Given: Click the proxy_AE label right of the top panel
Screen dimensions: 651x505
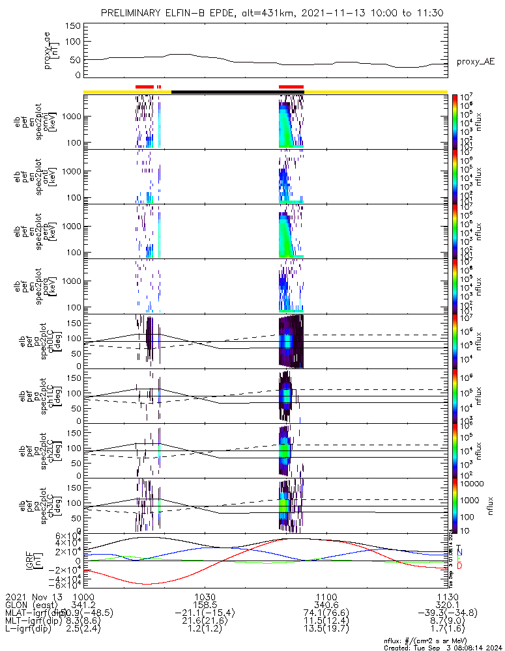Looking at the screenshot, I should (476, 62).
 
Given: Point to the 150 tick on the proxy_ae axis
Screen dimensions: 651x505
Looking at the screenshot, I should (73, 26).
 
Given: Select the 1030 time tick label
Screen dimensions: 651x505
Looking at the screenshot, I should (205, 596).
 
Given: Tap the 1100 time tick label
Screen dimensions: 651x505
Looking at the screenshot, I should (326, 596).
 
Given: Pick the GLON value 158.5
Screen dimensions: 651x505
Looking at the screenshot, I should (205, 605).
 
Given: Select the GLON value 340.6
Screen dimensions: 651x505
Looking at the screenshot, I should (326, 605).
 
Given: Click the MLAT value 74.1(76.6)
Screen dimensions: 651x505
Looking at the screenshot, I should (326, 613).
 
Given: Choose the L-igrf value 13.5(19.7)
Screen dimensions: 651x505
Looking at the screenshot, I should (326, 630).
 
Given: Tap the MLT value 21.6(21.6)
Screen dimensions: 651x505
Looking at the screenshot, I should (205, 622).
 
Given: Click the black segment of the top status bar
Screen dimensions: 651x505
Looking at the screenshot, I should (225, 92).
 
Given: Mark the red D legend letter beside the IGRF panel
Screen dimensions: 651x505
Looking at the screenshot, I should (460, 566).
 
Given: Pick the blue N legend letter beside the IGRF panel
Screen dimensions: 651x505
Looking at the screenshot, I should (460, 552).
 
